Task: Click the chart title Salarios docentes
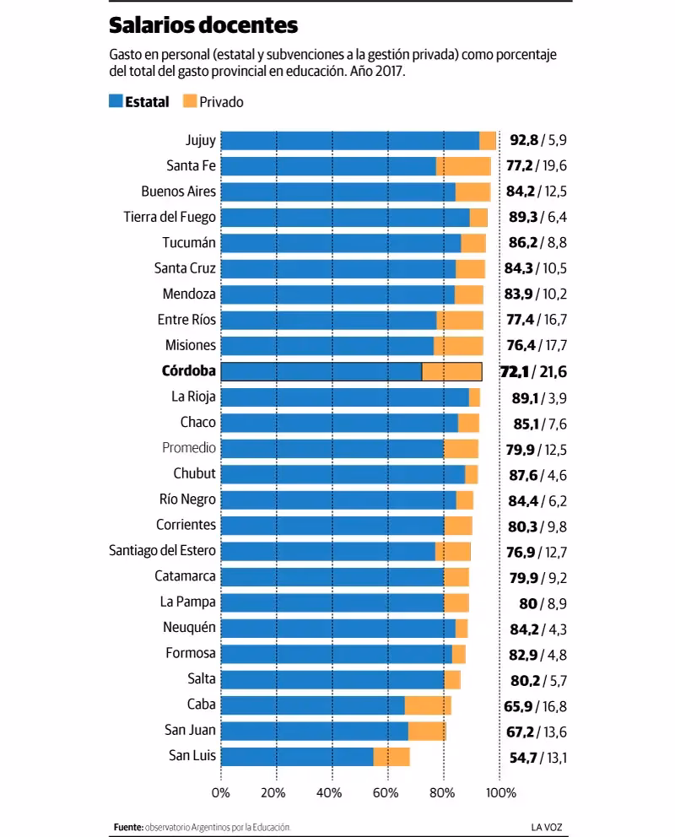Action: [203, 26]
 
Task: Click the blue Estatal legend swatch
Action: [116, 101]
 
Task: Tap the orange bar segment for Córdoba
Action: [451, 371]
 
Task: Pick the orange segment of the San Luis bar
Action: [391, 757]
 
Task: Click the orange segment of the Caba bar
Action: [428, 705]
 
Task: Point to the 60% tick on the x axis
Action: [386, 793]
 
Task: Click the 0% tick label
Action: [221, 793]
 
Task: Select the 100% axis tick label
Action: [501, 793]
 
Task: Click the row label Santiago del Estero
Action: [163, 551]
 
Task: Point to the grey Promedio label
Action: [189, 448]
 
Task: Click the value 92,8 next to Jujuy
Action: [523, 140]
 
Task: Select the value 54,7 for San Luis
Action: [523, 757]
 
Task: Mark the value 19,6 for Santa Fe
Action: [555, 165]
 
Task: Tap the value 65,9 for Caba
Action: [523, 705]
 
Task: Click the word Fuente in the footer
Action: [127, 827]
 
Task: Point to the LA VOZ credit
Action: [537, 827]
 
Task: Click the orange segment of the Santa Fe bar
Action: [463, 165]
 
